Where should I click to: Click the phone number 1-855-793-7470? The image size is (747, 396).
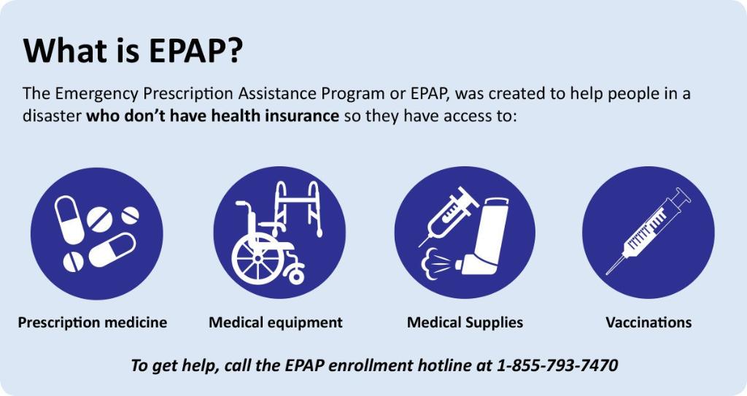click(x=557, y=365)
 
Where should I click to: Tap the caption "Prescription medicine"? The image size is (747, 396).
click(x=93, y=322)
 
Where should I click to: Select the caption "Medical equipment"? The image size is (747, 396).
click(x=276, y=322)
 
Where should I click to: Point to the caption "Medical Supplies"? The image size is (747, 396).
click(x=465, y=322)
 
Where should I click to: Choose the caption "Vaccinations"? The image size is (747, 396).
click(x=649, y=322)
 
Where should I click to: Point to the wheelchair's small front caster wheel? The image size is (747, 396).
click(x=297, y=275)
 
